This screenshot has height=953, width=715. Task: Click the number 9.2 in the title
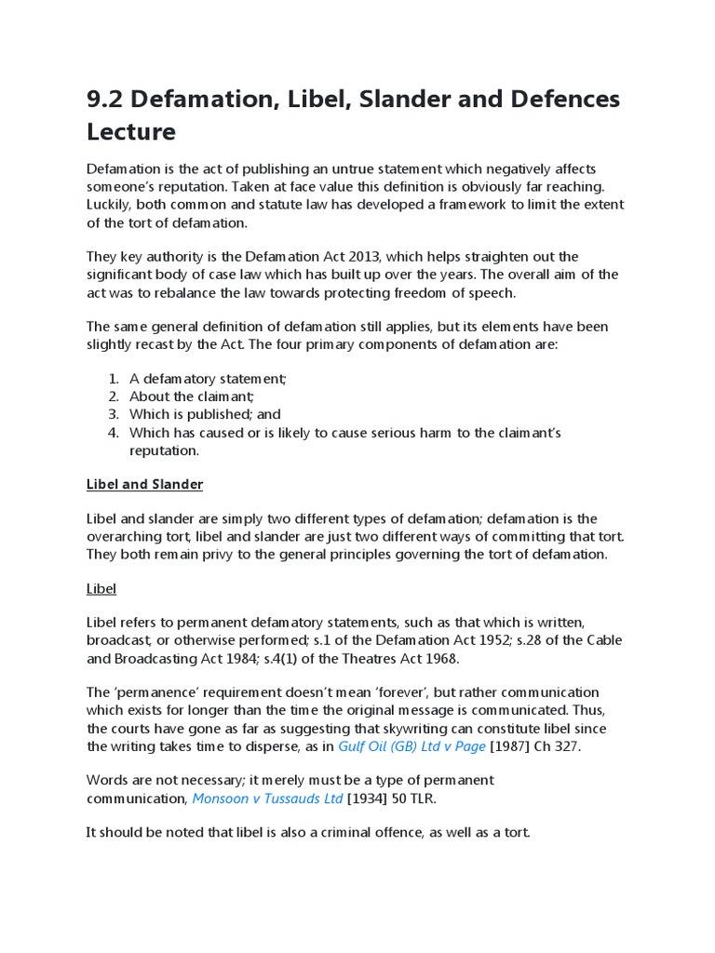(x=107, y=100)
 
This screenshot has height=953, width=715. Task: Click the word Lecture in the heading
(x=131, y=132)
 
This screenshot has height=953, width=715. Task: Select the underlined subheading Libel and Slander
(x=144, y=485)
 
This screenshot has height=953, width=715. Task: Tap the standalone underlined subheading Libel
(x=101, y=589)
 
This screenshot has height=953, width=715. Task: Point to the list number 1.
(x=113, y=379)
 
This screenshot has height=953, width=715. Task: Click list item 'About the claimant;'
(x=192, y=396)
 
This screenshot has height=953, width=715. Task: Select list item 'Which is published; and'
(x=205, y=414)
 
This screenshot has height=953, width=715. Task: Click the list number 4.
(x=113, y=433)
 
